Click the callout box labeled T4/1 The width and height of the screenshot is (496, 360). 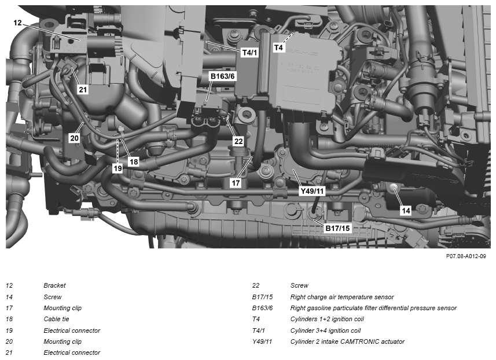[x=249, y=53]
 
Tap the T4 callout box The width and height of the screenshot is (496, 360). [x=278, y=47]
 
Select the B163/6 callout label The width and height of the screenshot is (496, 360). [x=222, y=76]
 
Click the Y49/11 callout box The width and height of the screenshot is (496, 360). [x=312, y=191]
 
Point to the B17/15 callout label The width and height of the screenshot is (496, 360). [x=338, y=228]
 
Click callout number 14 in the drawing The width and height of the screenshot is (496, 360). [x=406, y=210]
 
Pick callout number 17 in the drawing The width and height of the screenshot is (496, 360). [x=236, y=183]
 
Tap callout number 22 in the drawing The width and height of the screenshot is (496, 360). [x=238, y=141]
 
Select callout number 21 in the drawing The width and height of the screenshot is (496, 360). [x=83, y=90]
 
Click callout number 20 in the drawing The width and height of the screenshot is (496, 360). [x=74, y=138]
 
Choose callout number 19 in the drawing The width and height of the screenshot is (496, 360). [x=117, y=168]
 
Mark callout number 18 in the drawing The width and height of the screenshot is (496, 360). [x=134, y=162]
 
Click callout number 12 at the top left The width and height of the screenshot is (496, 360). [x=18, y=23]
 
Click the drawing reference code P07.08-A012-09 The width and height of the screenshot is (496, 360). [x=466, y=256]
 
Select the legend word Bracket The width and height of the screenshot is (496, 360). [x=55, y=285]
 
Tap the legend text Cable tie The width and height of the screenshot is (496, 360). [x=56, y=319]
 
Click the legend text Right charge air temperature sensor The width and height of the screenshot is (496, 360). [x=342, y=297]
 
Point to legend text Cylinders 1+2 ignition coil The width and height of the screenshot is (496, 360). [x=327, y=319]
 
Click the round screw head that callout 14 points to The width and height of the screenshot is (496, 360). [x=394, y=188]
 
